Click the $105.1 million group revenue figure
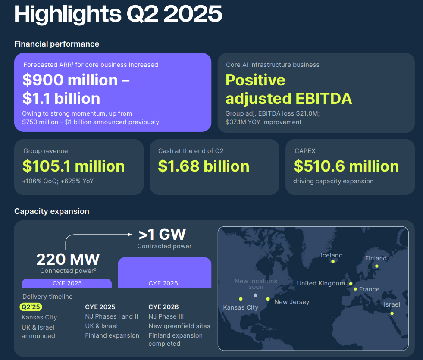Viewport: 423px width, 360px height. (x=73, y=166)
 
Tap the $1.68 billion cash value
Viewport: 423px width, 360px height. (x=204, y=166)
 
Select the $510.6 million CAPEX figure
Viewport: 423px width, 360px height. (x=346, y=166)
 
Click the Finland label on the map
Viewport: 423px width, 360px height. (x=376, y=258)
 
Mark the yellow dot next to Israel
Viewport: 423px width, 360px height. (x=392, y=313)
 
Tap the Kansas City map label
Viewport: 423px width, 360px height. (x=241, y=307)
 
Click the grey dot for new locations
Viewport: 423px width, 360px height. (x=255, y=295)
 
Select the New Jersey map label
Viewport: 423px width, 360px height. (x=291, y=302)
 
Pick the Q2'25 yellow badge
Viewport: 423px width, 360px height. (x=31, y=307)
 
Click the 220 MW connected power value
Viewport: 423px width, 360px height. (x=68, y=259)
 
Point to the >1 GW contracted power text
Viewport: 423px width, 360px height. (x=162, y=234)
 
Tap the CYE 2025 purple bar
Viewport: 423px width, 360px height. (x=67, y=283)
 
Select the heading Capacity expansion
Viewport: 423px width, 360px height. (x=52, y=211)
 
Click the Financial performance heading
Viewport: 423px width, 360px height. (x=56, y=44)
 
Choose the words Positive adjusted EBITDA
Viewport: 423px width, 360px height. (x=288, y=89)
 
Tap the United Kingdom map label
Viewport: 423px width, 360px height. (x=321, y=283)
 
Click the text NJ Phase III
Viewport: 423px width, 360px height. (x=166, y=316)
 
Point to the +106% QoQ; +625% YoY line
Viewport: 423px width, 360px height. (x=58, y=181)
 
